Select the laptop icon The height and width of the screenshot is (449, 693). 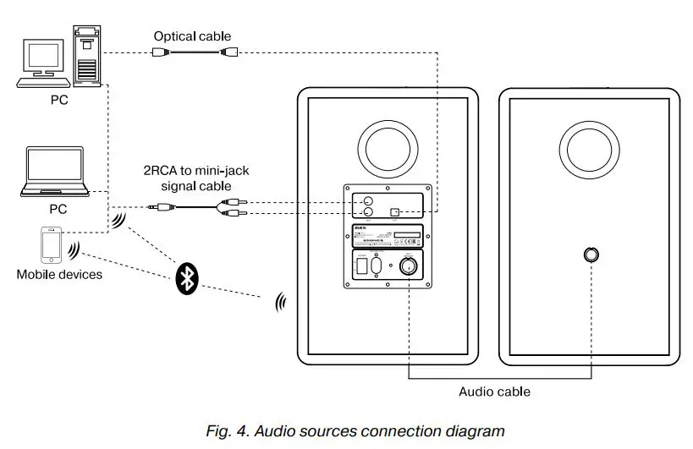tap(55, 173)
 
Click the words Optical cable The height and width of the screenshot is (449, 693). tap(192, 36)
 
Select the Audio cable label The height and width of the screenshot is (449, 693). tap(495, 392)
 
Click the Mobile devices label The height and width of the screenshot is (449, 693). tap(59, 274)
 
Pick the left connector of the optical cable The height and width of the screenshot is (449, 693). tap(162, 52)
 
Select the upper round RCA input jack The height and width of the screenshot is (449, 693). tap(368, 202)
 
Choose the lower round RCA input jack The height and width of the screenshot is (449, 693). tap(368, 215)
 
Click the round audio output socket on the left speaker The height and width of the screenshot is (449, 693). tap(409, 266)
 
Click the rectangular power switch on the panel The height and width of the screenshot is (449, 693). tap(362, 266)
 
